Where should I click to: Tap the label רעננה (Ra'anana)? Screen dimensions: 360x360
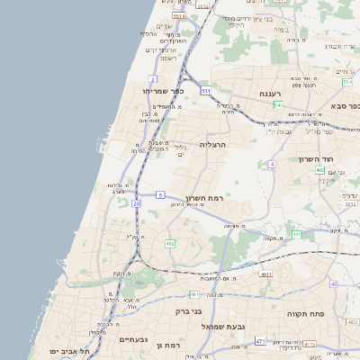point(271,94)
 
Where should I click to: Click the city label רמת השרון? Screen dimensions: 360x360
point(204,197)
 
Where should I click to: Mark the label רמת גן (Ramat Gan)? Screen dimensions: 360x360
point(168,344)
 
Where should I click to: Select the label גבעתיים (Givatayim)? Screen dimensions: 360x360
point(133,339)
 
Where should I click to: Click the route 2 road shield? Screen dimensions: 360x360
point(153,79)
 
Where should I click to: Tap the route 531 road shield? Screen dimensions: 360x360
point(205,91)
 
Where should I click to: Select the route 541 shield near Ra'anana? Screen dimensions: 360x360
point(278,105)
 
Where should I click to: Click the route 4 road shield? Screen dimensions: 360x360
point(271,164)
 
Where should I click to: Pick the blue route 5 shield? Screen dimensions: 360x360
point(160,194)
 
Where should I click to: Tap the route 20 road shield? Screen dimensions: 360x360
point(136,204)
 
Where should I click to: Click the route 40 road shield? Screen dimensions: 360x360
point(333,284)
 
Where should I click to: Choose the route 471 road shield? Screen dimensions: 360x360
point(259,341)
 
